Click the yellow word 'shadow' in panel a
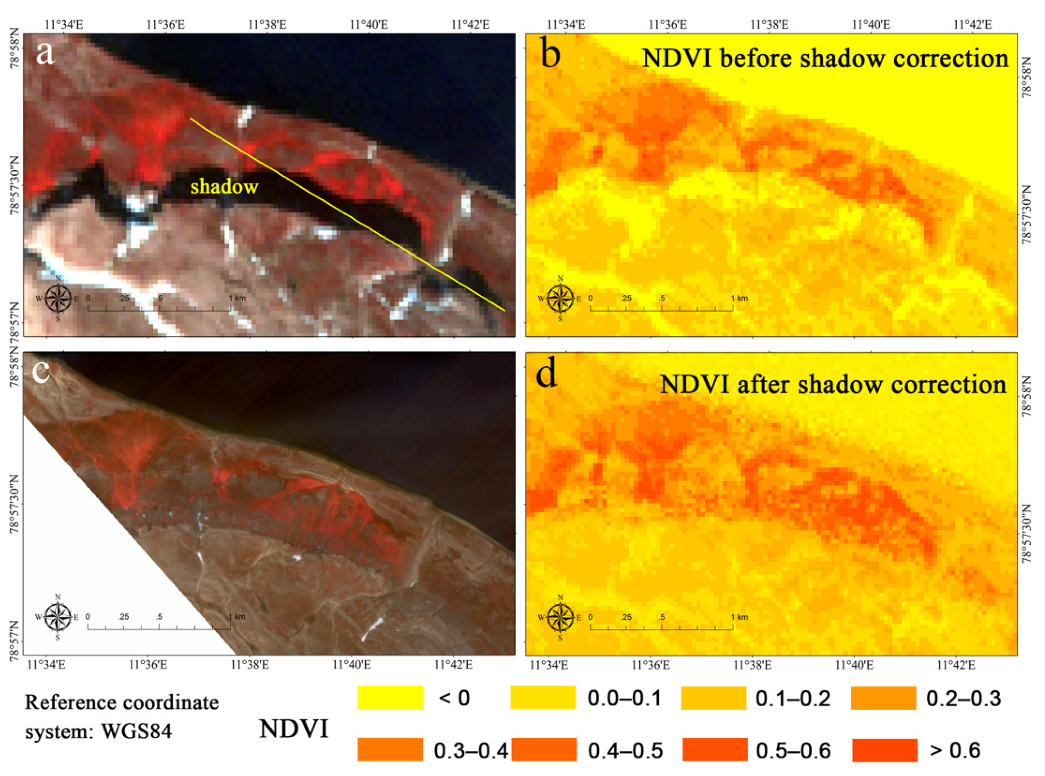pos(224,187)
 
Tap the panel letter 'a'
pos(45,53)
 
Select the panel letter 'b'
pos(550,54)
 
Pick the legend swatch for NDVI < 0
pos(390,697)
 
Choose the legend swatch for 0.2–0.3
pos(883,697)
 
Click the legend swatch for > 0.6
pos(885,750)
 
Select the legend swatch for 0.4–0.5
pos(544,750)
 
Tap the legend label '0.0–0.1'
pos(624,698)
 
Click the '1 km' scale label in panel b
pos(739,298)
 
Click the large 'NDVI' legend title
pos(294,729)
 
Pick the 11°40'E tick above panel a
pos(369,24)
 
